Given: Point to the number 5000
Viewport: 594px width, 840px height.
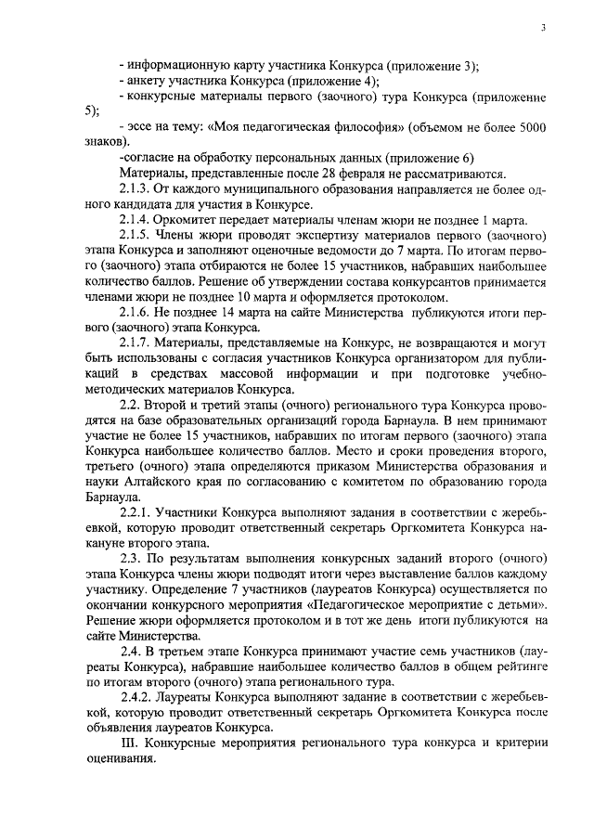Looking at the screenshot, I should point(526,126).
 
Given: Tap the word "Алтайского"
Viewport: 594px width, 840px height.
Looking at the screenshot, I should point(152,483).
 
